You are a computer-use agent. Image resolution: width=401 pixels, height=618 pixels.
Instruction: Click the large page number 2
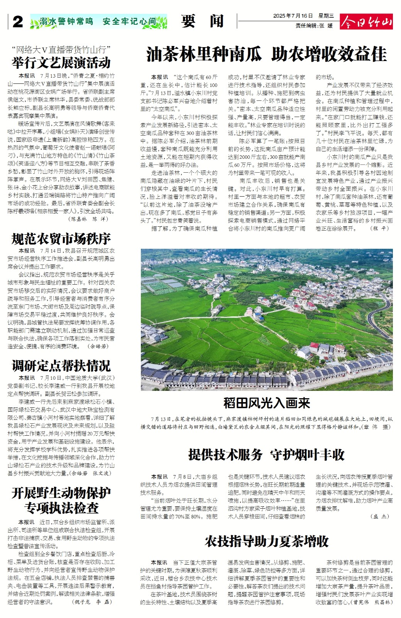pyautogui.click(x=18, y=22)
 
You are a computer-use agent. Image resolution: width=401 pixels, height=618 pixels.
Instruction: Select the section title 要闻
pyautogui.click(x=202, y=21)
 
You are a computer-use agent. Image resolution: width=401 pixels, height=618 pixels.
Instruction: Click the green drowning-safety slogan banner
pyautogui.click(x=98, y=22)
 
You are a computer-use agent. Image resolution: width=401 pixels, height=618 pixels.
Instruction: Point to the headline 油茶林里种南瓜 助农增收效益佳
pyautogui.click(x=266, y=54)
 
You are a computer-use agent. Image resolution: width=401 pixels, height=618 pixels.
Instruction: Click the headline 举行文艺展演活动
pyautogui.click(x=61, y=63)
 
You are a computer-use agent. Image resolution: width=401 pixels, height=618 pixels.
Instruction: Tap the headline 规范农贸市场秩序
pyautogui.click(x=61, y=239)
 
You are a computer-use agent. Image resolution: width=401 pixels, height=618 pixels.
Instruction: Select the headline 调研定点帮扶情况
pyautogui.click(x=61, y=365)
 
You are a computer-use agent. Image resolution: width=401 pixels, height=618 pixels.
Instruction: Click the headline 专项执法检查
pyautogui.click(x=61, y=508)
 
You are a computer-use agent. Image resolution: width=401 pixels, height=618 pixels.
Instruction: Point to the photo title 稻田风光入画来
pyautogui.click(x=266, y=403)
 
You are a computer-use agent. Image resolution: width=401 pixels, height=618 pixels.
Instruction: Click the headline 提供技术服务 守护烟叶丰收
pyautogui.click(x=266, y=455)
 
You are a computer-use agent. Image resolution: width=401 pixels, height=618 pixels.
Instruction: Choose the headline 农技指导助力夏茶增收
pyautogui.click(x=266, y=541)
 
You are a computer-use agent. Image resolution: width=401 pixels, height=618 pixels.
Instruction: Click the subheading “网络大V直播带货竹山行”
pyautogui.click(x=61, y=49)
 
